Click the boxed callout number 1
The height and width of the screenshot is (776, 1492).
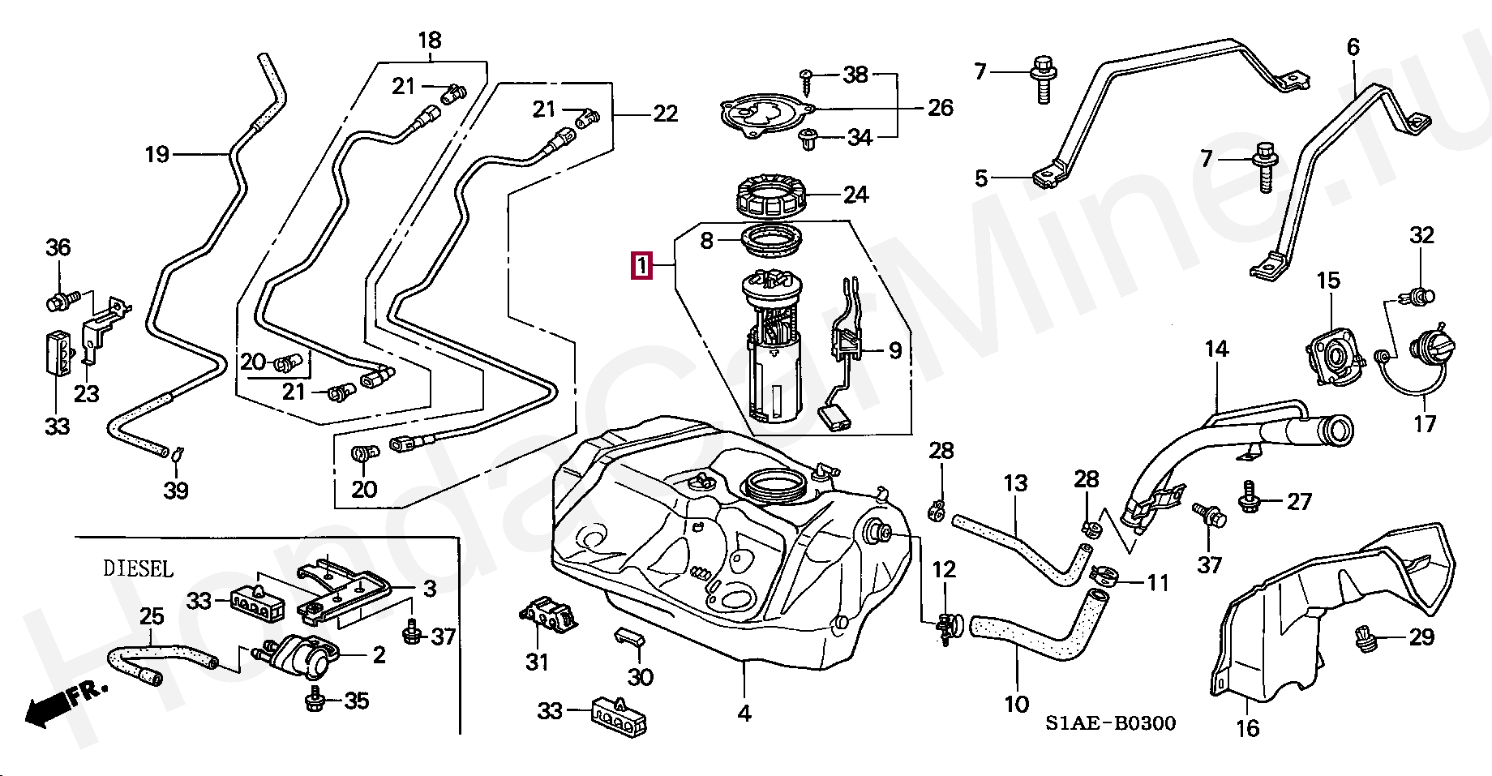642,265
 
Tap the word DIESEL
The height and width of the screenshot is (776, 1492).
139,568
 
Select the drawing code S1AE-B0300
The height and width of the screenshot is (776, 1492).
1110,722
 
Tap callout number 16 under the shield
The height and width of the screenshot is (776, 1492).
1247,727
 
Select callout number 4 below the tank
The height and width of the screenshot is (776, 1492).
744,713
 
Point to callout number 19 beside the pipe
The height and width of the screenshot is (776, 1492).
157,154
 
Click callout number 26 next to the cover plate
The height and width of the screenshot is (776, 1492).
941,107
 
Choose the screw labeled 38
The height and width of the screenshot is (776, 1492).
808,77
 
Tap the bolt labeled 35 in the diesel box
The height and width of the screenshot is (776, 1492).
314,699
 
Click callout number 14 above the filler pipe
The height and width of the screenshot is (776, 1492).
1216,349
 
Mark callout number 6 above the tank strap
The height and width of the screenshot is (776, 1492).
1353,47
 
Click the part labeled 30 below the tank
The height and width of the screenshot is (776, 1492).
628,638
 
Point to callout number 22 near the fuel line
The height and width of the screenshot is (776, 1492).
666,114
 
